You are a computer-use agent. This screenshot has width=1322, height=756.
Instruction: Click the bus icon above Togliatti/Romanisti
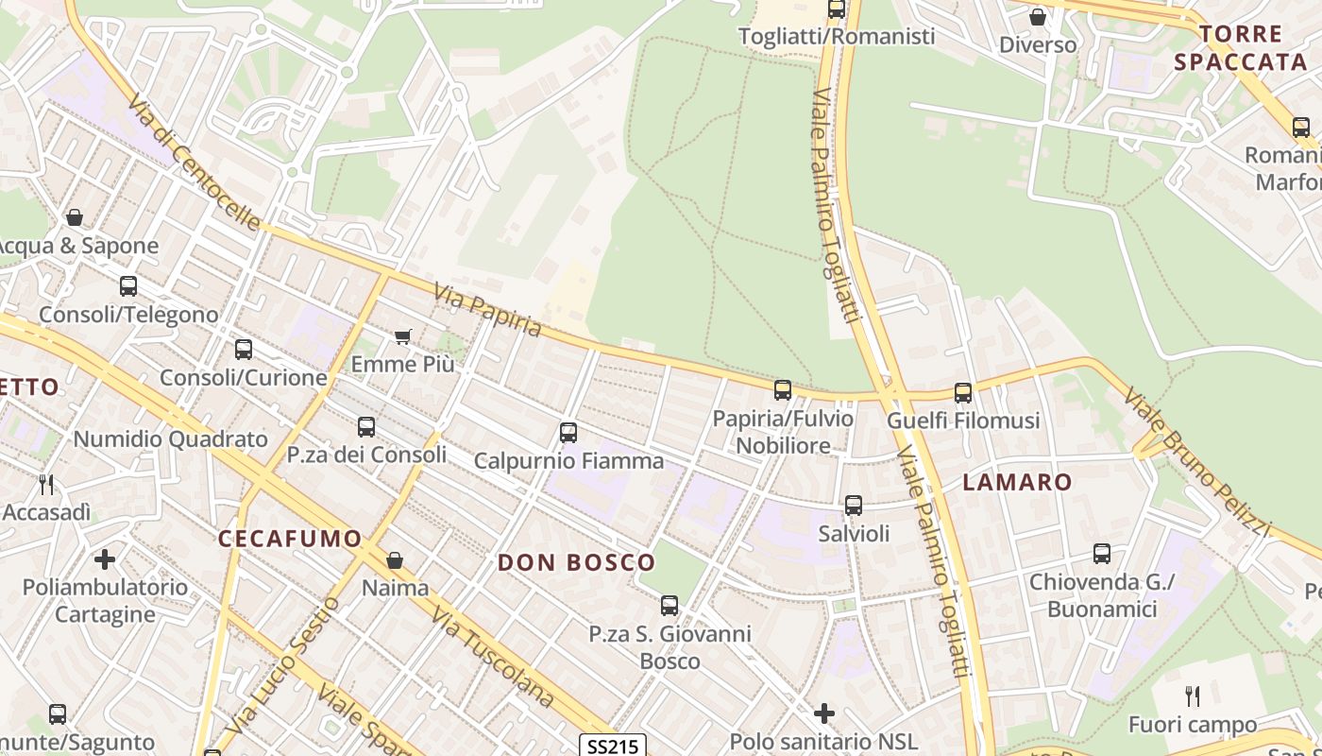click(x=837, y=9)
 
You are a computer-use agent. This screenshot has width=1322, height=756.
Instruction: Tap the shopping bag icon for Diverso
click(x=1038, y=17)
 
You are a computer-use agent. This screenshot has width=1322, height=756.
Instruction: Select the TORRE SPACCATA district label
click(x=1254, y=48)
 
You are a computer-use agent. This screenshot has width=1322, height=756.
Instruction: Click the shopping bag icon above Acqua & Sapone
click(x=75, y=217)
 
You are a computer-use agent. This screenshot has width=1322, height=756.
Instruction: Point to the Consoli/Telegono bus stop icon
click(x=127, y=285)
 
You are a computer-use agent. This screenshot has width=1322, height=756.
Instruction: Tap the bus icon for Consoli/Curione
click(x=243, y=350)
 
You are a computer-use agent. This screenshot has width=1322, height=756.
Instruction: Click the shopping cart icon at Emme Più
click(x=403, y=336)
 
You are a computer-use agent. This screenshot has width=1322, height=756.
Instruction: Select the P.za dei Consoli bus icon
click(x=366, y=427)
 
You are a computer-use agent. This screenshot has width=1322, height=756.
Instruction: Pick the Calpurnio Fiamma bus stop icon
click(x=568, y=433)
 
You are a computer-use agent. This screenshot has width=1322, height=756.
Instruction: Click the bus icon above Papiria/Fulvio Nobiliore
click(x=783, y=389)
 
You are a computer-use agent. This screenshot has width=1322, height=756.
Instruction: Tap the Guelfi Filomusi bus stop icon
click(x=963, y=392)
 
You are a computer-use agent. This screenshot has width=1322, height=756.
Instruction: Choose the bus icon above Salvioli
click(x=854, y=506)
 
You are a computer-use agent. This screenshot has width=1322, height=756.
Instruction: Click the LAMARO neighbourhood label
click(x=1017, y=482)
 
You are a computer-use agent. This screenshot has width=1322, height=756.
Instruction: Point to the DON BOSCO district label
click(x=576, y=562)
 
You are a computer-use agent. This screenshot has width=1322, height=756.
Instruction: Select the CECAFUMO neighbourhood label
click(x=290, y=539)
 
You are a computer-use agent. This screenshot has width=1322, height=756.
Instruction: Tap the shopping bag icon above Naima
click(x=395, y=560)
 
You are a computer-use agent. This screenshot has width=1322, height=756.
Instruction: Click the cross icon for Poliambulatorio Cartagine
click(x=105, y=559)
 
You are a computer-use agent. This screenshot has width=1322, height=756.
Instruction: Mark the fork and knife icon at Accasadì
click(x=46, y=485)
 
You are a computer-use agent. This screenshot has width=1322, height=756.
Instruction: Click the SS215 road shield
click(x=611, y=747)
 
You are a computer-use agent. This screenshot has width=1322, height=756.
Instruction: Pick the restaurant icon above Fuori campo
click(x=1193, y=697)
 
